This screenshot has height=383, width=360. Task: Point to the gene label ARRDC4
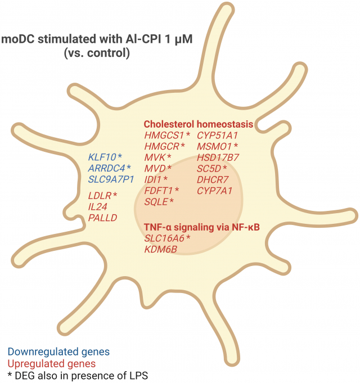click(x=106, y=168)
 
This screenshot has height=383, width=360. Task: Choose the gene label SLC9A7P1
click(x=110, y=179)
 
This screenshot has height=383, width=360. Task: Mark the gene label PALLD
click(x=102, y=218)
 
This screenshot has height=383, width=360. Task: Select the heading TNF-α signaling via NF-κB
click(x=205, y=227)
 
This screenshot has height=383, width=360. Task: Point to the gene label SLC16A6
click(x=164, y=238)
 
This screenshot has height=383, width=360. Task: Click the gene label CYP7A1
click(x=214, y=190)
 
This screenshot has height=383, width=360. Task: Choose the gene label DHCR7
click(x=213, y=179)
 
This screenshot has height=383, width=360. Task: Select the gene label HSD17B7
click(x=218, y=157)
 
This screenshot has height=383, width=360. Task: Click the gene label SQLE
click(x=156, y=201)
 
